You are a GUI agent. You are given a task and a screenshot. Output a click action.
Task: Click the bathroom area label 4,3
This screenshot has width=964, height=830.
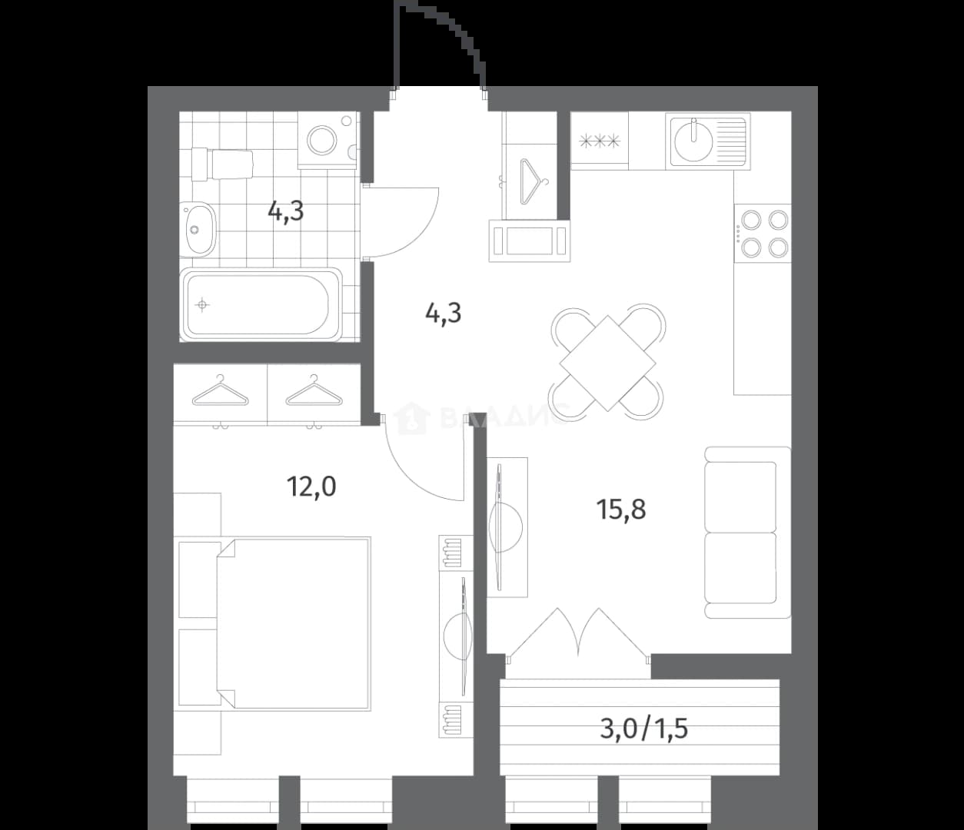285,212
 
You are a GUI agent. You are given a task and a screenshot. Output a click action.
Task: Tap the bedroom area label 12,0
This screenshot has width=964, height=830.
311,486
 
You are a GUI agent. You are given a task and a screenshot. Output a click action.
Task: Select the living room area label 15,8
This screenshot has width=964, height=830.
621,510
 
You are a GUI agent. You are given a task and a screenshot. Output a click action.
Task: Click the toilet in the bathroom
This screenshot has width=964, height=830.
222,164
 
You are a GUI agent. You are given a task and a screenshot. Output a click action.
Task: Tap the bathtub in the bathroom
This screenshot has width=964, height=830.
261,305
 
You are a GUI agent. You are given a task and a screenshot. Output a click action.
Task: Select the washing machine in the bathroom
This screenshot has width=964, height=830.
327,141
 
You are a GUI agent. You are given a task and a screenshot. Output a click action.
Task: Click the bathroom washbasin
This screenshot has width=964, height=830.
198,229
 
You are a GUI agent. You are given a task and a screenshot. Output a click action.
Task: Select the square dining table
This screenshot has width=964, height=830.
607,364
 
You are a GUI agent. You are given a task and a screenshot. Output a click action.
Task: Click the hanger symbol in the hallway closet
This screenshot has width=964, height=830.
533,182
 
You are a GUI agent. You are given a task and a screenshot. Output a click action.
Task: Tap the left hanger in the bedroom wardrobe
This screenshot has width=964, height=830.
221,390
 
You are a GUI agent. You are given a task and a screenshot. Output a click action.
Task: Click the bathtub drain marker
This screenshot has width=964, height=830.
202,305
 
